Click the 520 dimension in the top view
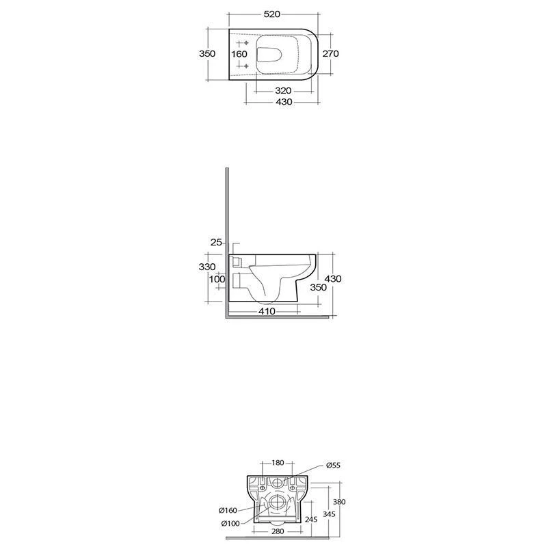[271, 14]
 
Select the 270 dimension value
[330, 54]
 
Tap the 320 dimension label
[283, 91]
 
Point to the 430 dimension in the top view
[284, 102]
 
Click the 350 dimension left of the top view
[207, 54]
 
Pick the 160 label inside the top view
[239, 54]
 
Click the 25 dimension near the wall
[216, 242]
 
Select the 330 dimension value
[207, 267]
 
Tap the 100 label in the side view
[217, 280]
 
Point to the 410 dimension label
[267, 311]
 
